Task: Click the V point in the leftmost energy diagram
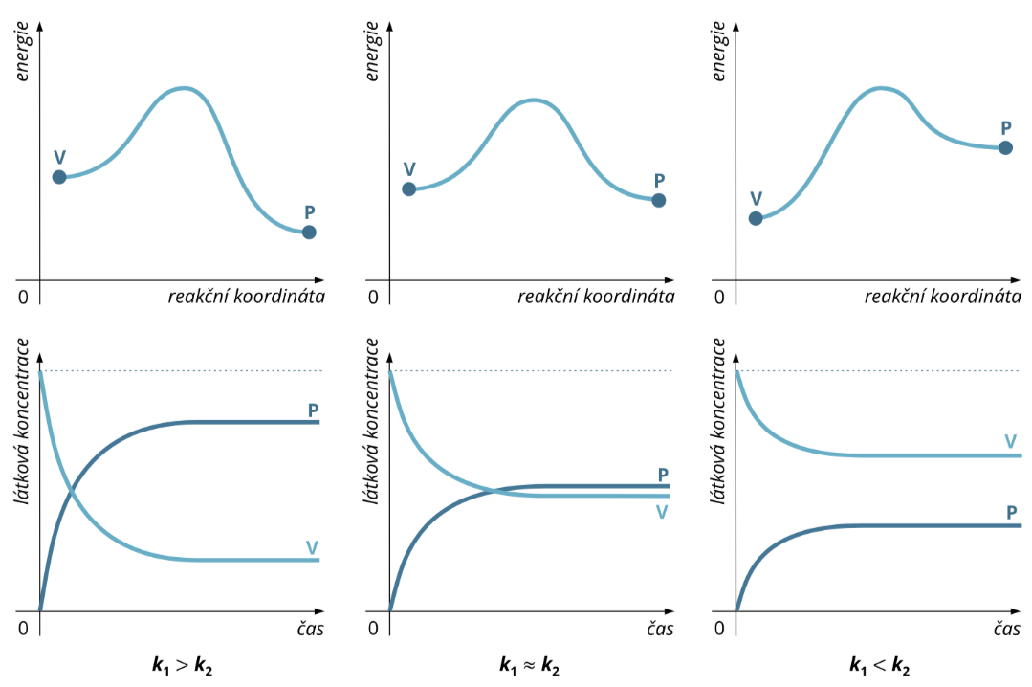coord(58,177)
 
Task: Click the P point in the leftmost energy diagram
coord(308,233)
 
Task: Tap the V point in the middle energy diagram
coord(408,188)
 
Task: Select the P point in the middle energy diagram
coord(658,200)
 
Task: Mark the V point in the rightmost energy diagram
coord(756,218)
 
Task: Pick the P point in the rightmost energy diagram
coord(1005,148)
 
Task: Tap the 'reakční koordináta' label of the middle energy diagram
coord(596,297)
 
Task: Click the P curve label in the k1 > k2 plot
coord(313,410)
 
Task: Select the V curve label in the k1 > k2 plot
coord(312,547)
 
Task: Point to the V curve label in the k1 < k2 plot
coord(1011,441)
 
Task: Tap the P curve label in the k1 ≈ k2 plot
coord(663,474)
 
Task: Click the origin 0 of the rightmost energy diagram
coord(719,297)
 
